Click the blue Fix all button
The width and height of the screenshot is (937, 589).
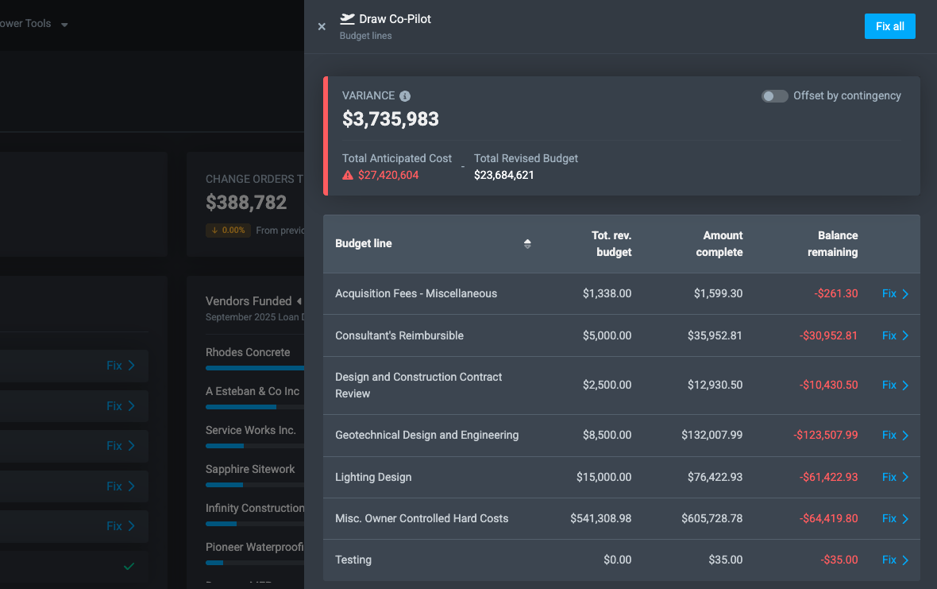(x=889, y=26)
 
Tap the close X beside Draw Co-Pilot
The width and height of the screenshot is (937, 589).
(x=322, y=26)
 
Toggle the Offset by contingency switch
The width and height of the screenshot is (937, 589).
(x=774, y=96)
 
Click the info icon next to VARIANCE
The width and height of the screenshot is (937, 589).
(x=405, y=96)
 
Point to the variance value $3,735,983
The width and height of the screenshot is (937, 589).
(x=391, y=119)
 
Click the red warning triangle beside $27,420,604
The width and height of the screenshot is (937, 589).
(x=348, y=175)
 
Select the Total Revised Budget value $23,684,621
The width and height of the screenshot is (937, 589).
(x=504, y=175)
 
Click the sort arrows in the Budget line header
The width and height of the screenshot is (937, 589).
(x=527, y=244)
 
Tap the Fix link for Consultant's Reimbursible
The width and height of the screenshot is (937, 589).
(x=895, y=335)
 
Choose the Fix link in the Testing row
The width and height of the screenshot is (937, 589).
(x=895, y=560)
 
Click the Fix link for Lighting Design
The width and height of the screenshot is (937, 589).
(x=895, y=477)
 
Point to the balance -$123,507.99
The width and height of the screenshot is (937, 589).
(x=826, y=435)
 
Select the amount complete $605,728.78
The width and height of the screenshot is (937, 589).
(x=711, y=518)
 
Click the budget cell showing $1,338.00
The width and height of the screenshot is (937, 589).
(x=607, y=293)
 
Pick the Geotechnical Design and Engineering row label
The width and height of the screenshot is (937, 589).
(x=426, y=435)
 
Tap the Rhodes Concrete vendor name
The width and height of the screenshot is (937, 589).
(x=248, y=352)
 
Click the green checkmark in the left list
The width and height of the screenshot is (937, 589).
(x=129, y=567)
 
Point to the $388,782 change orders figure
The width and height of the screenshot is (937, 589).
(x=246, y=202)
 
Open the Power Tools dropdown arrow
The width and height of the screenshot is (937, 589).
(x=64, y=25)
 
